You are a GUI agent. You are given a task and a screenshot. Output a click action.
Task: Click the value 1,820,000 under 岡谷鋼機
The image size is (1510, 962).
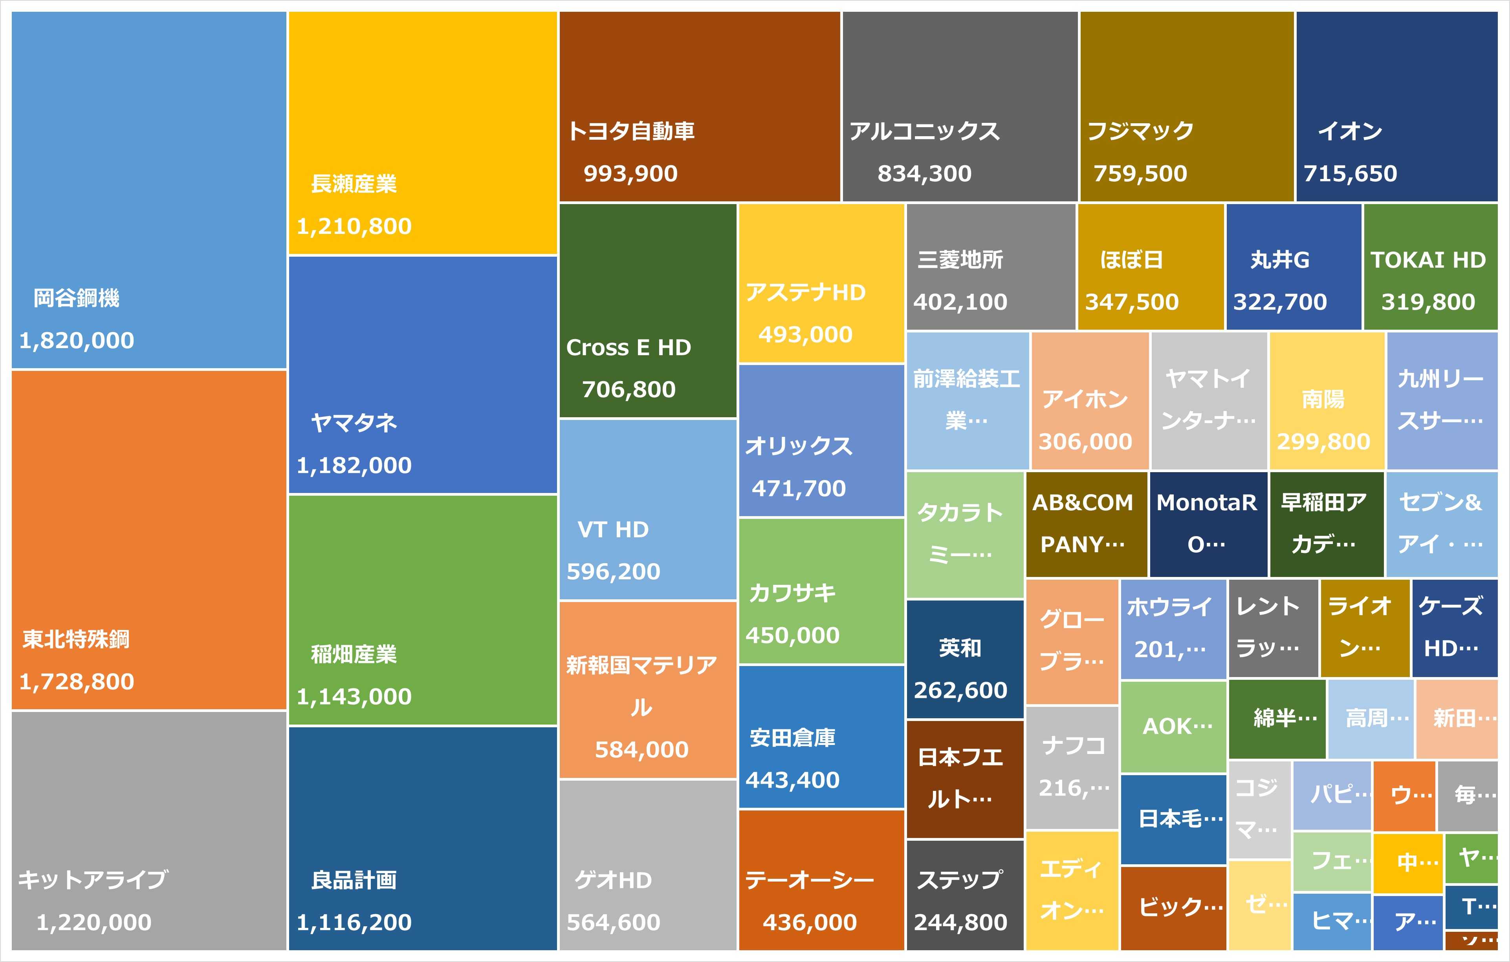pos(77,340)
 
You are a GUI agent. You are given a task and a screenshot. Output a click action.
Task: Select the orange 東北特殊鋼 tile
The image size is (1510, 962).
pos(148,539)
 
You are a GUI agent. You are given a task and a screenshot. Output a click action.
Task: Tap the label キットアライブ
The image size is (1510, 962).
pos(92,879)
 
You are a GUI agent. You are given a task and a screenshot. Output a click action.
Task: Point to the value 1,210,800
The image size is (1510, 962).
pos(354,226)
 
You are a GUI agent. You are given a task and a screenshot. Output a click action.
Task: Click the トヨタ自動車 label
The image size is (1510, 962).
pos(631,131)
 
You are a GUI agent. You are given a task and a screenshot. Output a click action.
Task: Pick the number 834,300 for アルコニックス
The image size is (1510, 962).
pos(924,173)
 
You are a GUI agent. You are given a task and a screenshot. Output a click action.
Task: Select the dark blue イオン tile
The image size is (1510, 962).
pos(1396,106)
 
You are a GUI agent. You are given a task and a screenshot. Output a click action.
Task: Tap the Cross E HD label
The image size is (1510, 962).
pos(629,347)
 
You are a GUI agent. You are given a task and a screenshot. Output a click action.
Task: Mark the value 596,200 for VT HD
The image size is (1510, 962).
pos(613,571)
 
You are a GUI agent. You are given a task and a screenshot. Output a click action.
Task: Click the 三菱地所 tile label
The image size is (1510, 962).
pos(960,259)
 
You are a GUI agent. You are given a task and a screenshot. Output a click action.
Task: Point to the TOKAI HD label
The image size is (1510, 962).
pos(1428,259)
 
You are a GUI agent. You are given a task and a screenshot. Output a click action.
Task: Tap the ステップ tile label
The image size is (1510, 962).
pos(960,879)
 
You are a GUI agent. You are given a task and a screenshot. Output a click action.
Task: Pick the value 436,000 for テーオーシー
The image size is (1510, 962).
pos(810,922)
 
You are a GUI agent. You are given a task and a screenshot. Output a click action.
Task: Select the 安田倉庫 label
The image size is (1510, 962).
pos(793,737)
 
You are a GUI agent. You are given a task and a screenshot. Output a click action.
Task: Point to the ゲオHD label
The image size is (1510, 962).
pos(613,880)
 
